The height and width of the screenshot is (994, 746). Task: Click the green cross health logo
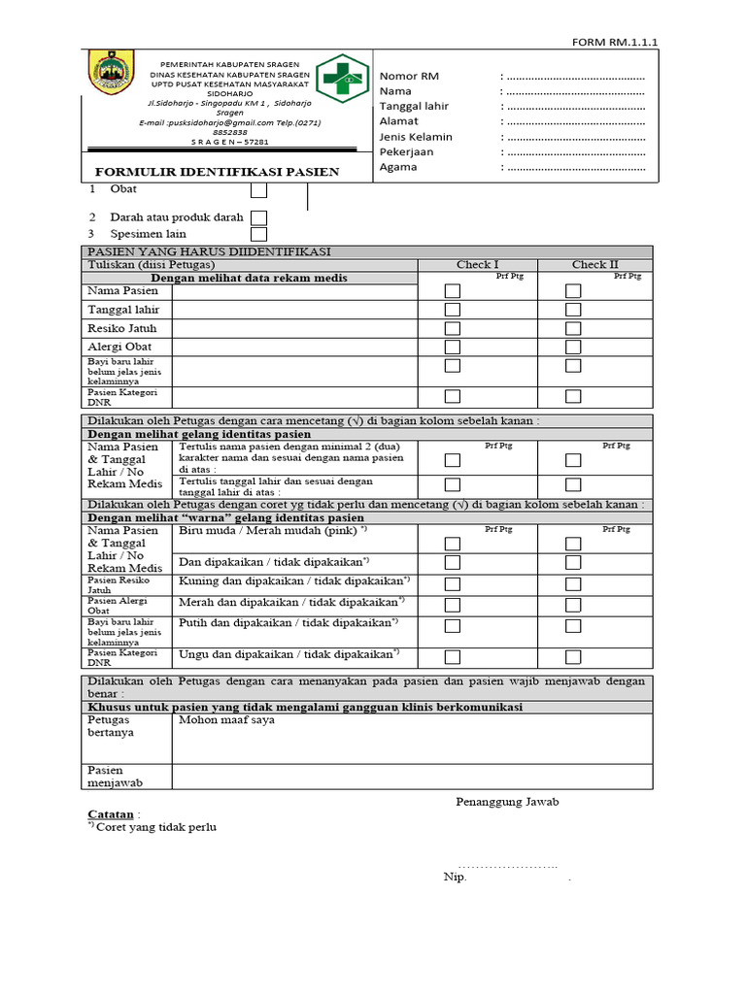[343, 78]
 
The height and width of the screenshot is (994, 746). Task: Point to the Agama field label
[398, 167]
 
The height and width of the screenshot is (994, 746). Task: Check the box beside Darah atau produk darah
[259, 218]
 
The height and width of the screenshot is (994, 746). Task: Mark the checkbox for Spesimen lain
[259, 234]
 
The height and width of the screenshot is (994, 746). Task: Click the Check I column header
[477, 264]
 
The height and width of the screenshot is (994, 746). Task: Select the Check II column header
[594, 264]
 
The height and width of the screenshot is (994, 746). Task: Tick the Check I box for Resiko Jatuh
[453, 328]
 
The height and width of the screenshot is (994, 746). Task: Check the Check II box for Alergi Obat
[573, 347]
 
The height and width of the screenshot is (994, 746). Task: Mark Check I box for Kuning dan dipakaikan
[453, 583]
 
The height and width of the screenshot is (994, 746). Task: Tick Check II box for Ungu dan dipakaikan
[573, 656]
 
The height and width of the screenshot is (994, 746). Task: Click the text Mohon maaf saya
[226, 721]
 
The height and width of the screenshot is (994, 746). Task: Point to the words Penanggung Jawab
[507, 802]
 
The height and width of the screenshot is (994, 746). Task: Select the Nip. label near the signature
[455, 878]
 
